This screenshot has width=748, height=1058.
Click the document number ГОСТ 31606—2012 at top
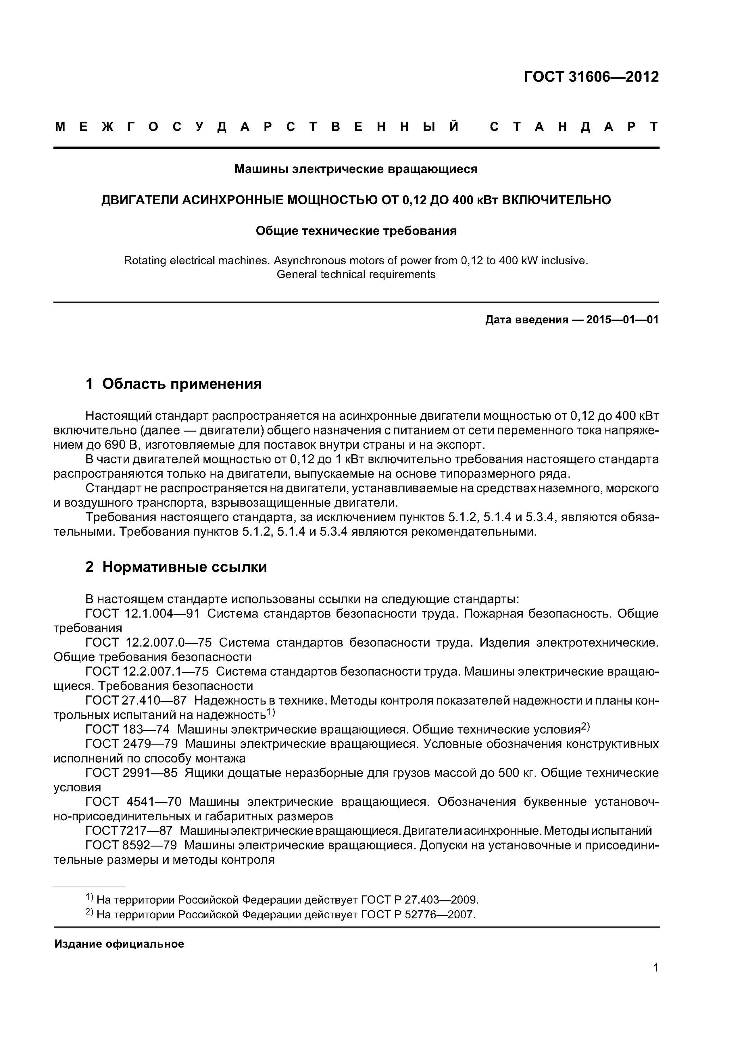591,77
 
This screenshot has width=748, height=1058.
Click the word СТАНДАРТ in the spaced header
574,127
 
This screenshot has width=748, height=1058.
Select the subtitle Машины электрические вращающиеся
356,170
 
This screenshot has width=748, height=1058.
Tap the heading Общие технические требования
356,231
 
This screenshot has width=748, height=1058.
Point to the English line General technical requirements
356,275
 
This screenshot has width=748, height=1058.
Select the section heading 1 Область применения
174,384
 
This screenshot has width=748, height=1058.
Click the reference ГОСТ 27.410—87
136,701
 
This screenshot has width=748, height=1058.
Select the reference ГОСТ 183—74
127,729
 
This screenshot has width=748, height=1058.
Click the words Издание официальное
119,944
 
